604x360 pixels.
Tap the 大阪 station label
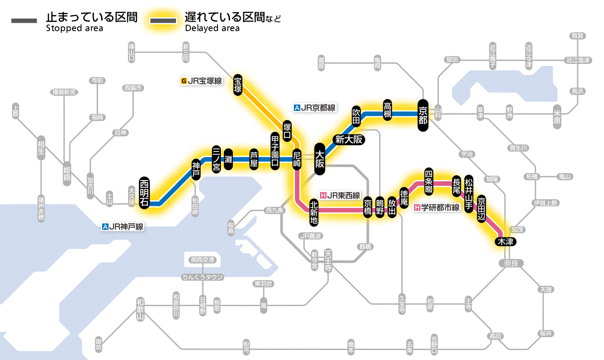pyautogui.click(x=320, y=159)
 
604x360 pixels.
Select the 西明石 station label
pyautogui.click(x=144, y=193)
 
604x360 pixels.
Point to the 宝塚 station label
pyautogui.click(x=238, y=84)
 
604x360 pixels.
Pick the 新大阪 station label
pyautogui.click(x=349, y=139)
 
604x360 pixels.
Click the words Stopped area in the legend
pyautogui.click(x=74, y=28)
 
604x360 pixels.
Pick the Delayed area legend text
pyautogui.click(x=212, y=28)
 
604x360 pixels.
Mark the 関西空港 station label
pyautogui.click(x=203, y=260)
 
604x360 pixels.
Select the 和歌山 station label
pyautogui.click(x=140, y=308)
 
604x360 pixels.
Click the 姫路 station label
pyautogui.click(x=67, y=171)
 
